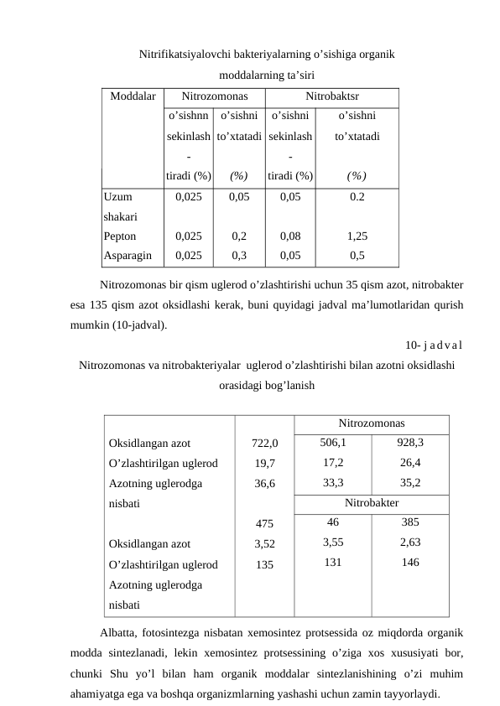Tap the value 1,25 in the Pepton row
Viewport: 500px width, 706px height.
(x=357, y=237)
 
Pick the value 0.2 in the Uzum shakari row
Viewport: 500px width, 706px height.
(x=357, y=199)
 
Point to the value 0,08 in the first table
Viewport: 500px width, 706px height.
(x=289, y=237)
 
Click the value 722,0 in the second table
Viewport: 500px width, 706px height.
(x=264, y=444)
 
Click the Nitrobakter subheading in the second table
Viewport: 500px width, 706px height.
(x=371, y=503)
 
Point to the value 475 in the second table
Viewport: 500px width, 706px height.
(x=264, y=524)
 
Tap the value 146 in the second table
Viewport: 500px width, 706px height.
(x=409, y=563)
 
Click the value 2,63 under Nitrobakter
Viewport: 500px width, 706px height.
(x=409, y=542)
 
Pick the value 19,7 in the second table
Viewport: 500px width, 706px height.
(x=264, y=463)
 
